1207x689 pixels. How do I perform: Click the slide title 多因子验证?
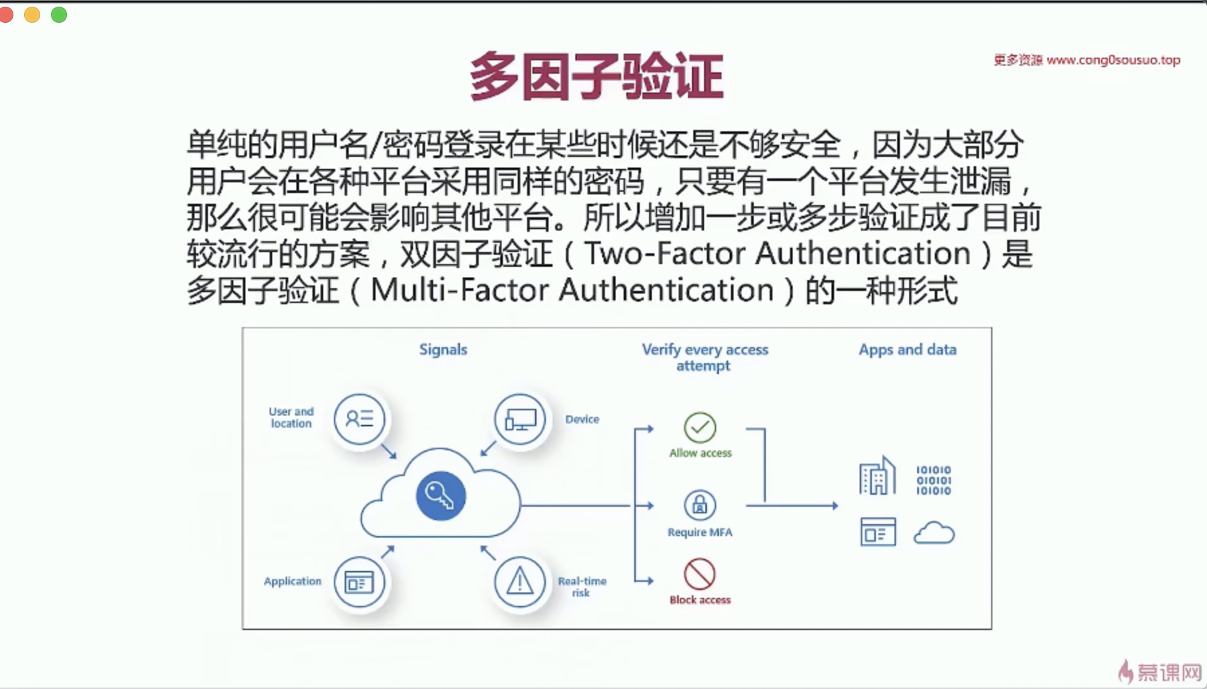[x=596, y=76]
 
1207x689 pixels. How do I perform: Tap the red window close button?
[x=6, y=15]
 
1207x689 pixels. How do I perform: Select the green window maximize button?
[x=59, y=15]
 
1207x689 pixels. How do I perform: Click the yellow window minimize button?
[x=32, y=15]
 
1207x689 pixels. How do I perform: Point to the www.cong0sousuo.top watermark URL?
[x=1113, y=60]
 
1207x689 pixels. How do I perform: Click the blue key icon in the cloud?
[x=441, y=496]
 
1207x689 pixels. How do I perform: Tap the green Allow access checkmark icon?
[x=700, y=428]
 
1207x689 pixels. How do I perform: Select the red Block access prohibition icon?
[x=699, y=574]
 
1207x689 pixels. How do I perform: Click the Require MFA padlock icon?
[x=699, y=505]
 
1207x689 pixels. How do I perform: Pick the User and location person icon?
[x=360, y=420]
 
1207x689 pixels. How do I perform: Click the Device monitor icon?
[x=520, y=420]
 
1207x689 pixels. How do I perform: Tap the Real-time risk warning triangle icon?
[x=520, y=582]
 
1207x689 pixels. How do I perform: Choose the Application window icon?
[x=359, y=582]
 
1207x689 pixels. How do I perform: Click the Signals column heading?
[x=443, y=349]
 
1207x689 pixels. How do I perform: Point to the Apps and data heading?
[x=907, y=349]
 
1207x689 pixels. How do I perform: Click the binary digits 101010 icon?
[x=933, y=480]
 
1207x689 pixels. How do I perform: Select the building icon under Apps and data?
[x=877, y=477]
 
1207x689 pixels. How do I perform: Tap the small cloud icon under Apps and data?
[x=934, y=534]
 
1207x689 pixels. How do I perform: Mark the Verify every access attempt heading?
[x=704, y=357]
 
